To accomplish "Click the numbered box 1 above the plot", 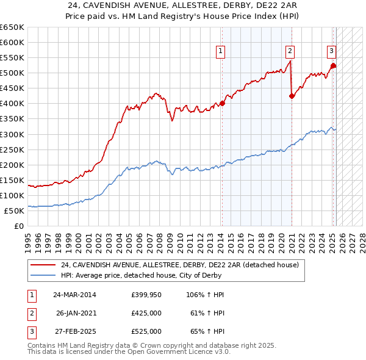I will click(x=220, y=51).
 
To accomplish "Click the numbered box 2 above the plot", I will click(x=290, y=51).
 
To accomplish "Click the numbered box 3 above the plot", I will click(x=331, y=51).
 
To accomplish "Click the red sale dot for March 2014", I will click(x=223, y=103).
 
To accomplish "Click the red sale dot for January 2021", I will click(x=292, y=96).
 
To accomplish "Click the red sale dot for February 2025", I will click(x=333, y=65).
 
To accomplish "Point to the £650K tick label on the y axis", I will click(x=12, y=27).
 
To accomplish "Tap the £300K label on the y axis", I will click(x=12, y=134).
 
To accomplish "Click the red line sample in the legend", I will click(x=43, y=265).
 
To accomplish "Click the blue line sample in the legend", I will click(x=43, y=276).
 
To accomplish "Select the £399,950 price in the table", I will click(x=146, y=295).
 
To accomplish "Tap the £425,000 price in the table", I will click(x=146, y=313).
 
